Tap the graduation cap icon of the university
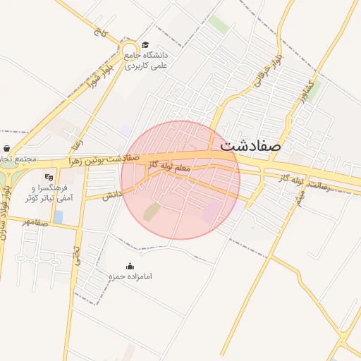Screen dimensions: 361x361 (145, 45)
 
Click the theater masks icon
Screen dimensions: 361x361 (49, 177)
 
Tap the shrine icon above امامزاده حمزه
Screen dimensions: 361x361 (130, 266)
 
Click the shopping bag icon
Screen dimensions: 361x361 (7, 149)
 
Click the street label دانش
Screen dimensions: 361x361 (111, 195)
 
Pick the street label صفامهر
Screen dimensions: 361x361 (36, 221)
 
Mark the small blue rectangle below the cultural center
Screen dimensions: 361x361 (59, 216)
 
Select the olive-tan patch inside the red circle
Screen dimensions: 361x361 (152, 212)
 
